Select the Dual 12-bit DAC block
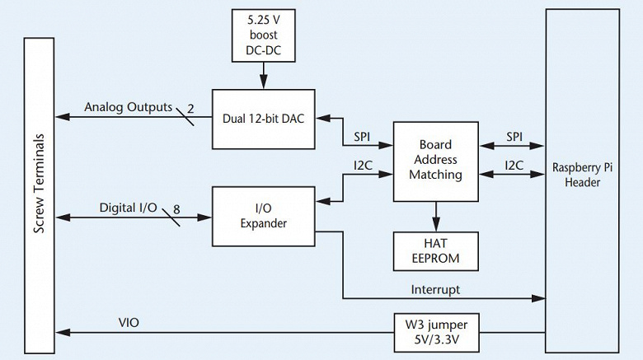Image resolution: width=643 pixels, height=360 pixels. [x=263, y=119]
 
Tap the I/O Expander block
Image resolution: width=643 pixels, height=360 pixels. [x=264, y=216]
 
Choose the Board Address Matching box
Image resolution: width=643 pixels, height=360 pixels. [x=435, y=161]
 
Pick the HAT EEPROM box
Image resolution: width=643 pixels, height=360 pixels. [x=435, y=250]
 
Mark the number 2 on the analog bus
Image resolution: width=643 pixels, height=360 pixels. [x=190, y=107]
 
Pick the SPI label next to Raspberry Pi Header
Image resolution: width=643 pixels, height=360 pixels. [x=514, y=135]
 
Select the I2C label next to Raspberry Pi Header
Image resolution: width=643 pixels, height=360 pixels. [x=514, y=166]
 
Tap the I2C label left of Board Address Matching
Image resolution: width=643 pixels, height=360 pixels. [x=362, y=166]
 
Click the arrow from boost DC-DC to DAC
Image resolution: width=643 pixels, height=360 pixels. [x=264, y=77]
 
